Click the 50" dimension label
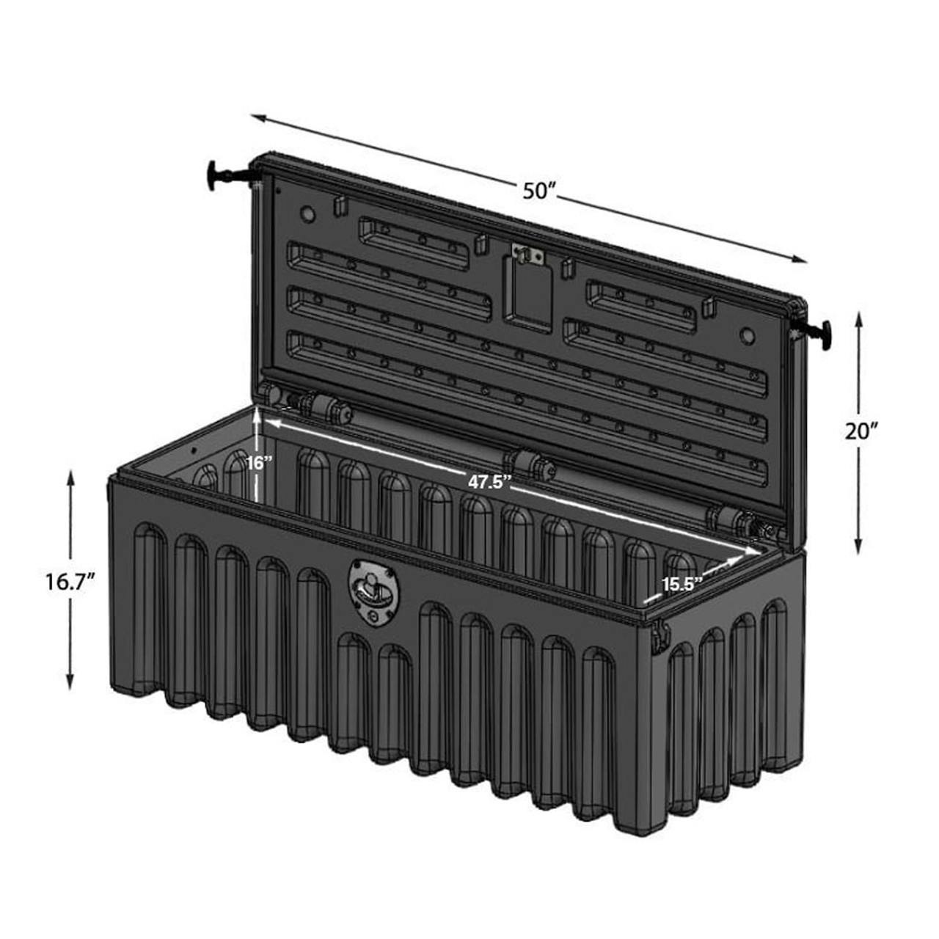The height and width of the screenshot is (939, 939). click(x=541, y=191)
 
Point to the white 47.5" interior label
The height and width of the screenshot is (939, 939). click(x=489, y=482)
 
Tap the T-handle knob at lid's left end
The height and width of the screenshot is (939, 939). click(x=213, y=176)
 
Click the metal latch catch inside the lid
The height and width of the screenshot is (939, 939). click(x=528, y=255)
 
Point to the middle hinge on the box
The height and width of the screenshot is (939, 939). click(x=534, y=465)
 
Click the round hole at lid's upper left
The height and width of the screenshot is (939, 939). click(x=307, y=214)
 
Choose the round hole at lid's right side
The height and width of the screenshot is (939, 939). click(x=746, y=335)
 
